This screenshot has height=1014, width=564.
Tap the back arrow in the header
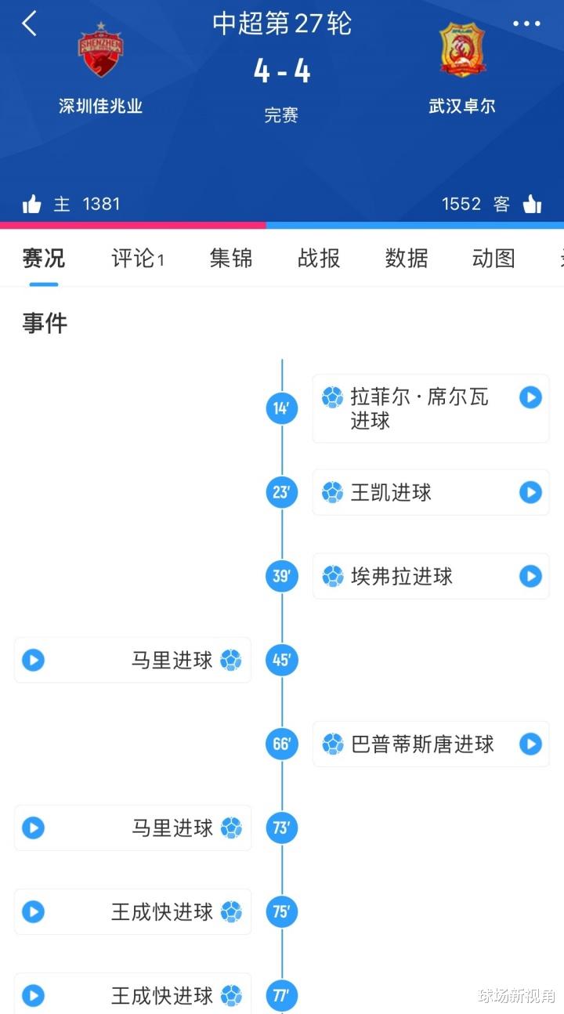[x=29, y=24]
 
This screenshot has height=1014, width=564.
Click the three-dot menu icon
[x=526, y=24]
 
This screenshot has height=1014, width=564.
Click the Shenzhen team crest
[x=100, y=49]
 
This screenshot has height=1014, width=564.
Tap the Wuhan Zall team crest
[x=462, y=49]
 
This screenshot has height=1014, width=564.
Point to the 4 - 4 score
[x=282, y=71]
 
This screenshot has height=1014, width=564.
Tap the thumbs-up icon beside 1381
[x=31, y=204]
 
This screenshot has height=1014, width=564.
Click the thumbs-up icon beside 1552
[x=533, y=204]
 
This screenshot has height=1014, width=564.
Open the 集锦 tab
[x=231, y=258]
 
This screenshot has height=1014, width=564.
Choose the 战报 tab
[x=319, y=258]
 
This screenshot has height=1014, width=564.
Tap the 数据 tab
[x=407, y=258]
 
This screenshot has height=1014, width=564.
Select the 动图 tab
[x=493, y=258]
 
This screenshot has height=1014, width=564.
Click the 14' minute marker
[x=282, y=408]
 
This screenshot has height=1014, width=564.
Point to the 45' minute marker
[x=282, y=660]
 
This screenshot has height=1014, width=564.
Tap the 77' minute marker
[x=282, y=995]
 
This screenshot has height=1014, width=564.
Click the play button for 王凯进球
[x=531, y=492]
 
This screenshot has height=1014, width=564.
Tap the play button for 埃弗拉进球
[x=531, y=576]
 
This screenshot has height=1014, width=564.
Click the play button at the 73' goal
[x=34, y=828]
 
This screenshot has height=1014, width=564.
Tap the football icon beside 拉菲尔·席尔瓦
[x=333, y=397]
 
